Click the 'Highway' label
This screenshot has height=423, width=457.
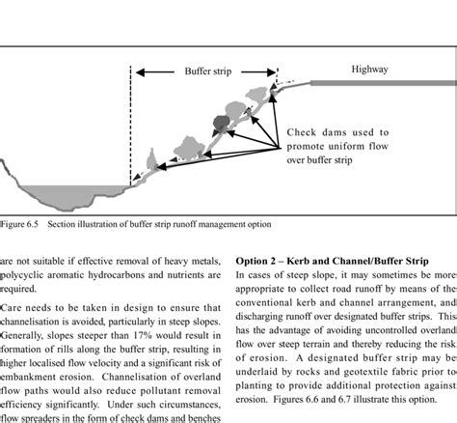[369, 70]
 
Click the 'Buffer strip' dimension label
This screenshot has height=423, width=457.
[204, 71]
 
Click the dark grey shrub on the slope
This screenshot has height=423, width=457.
[223, 124]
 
